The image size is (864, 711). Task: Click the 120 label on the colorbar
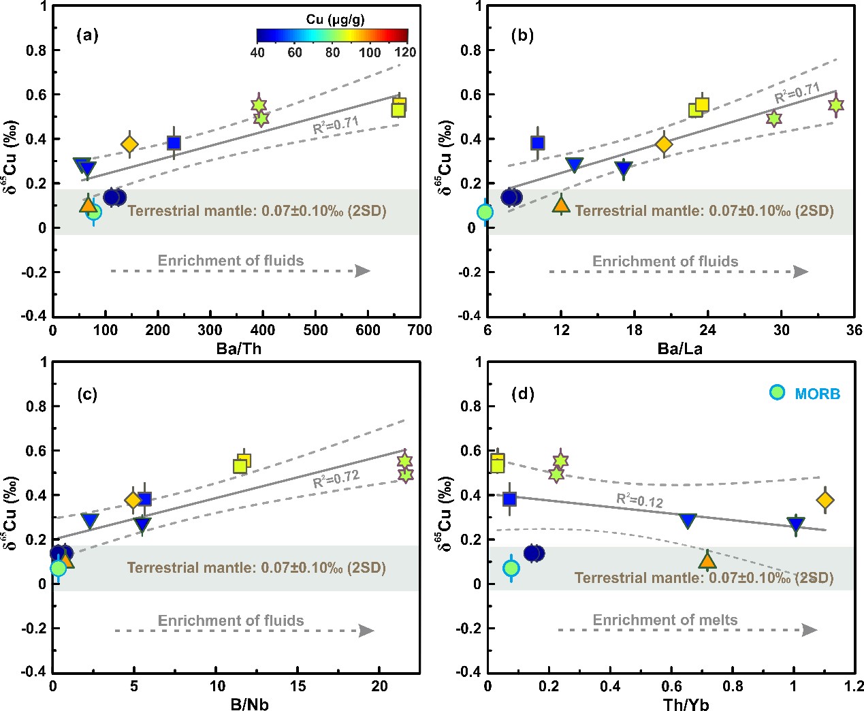click(x=406, y=52)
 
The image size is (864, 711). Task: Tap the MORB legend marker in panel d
click(x=777, y=392)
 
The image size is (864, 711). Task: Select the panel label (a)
click(x=88, y=35)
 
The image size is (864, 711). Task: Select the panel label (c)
click(x=88, y=394)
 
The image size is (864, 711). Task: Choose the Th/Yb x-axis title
click(x=686, y=704)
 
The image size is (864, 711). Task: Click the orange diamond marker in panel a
click(x=129, y=144)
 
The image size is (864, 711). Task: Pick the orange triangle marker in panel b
click(x=561, y=204)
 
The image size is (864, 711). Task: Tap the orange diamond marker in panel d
click(x=825, y=501)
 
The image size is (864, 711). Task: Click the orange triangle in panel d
click(x=707, y=560)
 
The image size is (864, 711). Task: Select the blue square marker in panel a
click(x=174, y=143)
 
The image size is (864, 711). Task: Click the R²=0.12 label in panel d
click(x=639, y=500)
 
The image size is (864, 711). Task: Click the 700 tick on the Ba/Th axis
click(x=420, y=330)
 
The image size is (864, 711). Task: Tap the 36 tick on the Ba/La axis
click(x=854, y=330)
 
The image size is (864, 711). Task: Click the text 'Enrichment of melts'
click(x=665, y=620)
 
